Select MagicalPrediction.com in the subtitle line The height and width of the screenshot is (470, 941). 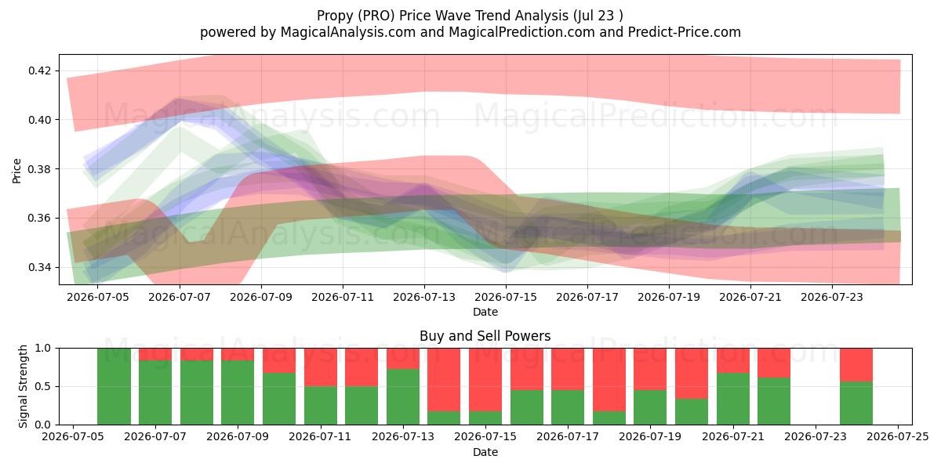pyautogui.click(x=521, y=32)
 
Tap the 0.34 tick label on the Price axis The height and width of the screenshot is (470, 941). pyautogui.click(x=40, y=267)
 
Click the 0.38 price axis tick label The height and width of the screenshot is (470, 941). pyautogui.click(x=40, y=169)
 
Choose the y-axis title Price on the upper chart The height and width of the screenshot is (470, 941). pyautogui.click(x=16, y=172)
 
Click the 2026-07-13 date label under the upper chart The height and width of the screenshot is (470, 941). pyautogui.click(x=424, y=298)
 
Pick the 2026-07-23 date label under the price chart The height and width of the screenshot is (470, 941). pyautogui.click(x=832, y=298)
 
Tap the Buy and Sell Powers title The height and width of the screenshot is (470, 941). pyautogui.click(x=485, y=336)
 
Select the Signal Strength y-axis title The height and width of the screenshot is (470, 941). pyautogui.click(x=23, y=386)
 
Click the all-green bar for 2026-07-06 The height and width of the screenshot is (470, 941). pyautogui.click(x=114, y=386)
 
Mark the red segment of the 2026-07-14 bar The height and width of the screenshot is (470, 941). pyautogui.click(x=444, y=380)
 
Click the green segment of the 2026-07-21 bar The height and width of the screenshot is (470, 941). pyautogui.click(x=733, y=399)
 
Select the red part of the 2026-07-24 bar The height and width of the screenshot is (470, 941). pyautogui.click(x=856, y=365)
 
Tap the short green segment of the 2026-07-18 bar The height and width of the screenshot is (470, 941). pyautogui.click(x=609, y=418)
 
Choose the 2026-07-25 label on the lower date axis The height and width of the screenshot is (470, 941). pyautogui.click(x=898, y=437)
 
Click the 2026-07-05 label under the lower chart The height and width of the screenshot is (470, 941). pyautogui.click(x=73, y=437)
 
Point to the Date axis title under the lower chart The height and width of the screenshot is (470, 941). pyautogui.click(x=485, y=453)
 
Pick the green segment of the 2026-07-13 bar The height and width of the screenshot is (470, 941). pyautogui.click(x=403, y=396)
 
